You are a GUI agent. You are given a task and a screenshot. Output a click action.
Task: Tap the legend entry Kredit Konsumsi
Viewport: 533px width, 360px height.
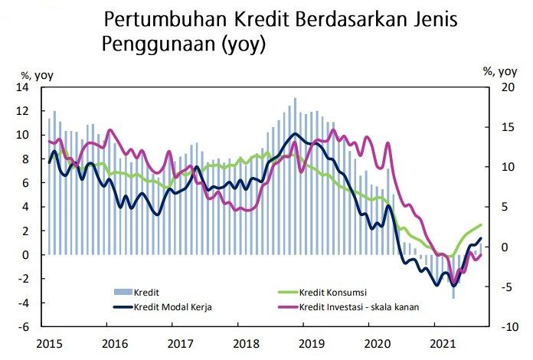[332, 292]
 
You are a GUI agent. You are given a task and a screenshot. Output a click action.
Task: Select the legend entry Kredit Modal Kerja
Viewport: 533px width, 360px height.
[172, 307]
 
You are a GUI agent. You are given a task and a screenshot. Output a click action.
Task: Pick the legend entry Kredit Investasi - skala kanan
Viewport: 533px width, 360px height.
[364, 307]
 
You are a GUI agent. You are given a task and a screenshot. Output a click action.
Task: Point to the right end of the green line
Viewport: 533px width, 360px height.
[481, 224]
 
